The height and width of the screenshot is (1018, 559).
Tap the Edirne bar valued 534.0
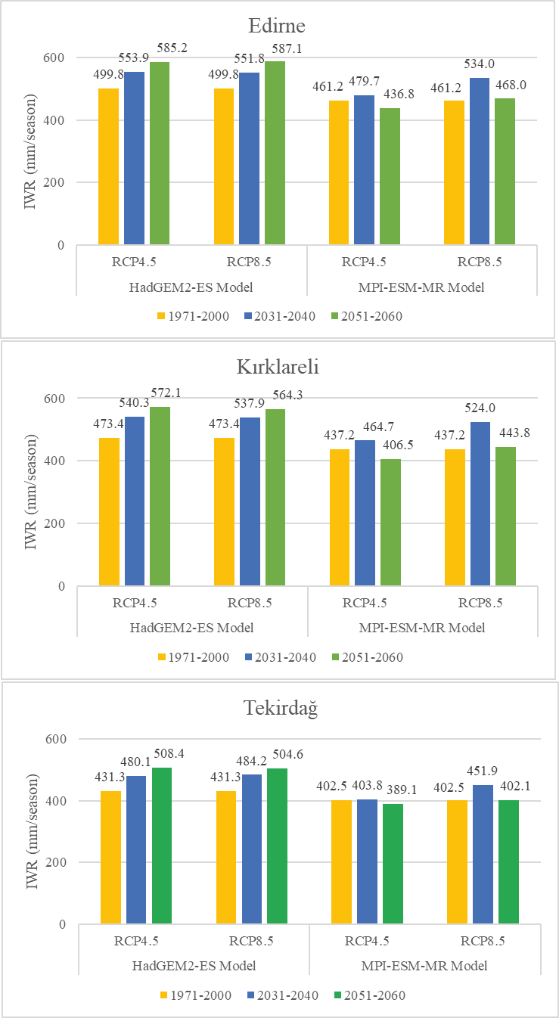pos(479,162)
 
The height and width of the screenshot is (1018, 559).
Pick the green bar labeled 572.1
pos(160,496)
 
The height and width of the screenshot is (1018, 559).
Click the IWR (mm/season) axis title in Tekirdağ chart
pos(32,831)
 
